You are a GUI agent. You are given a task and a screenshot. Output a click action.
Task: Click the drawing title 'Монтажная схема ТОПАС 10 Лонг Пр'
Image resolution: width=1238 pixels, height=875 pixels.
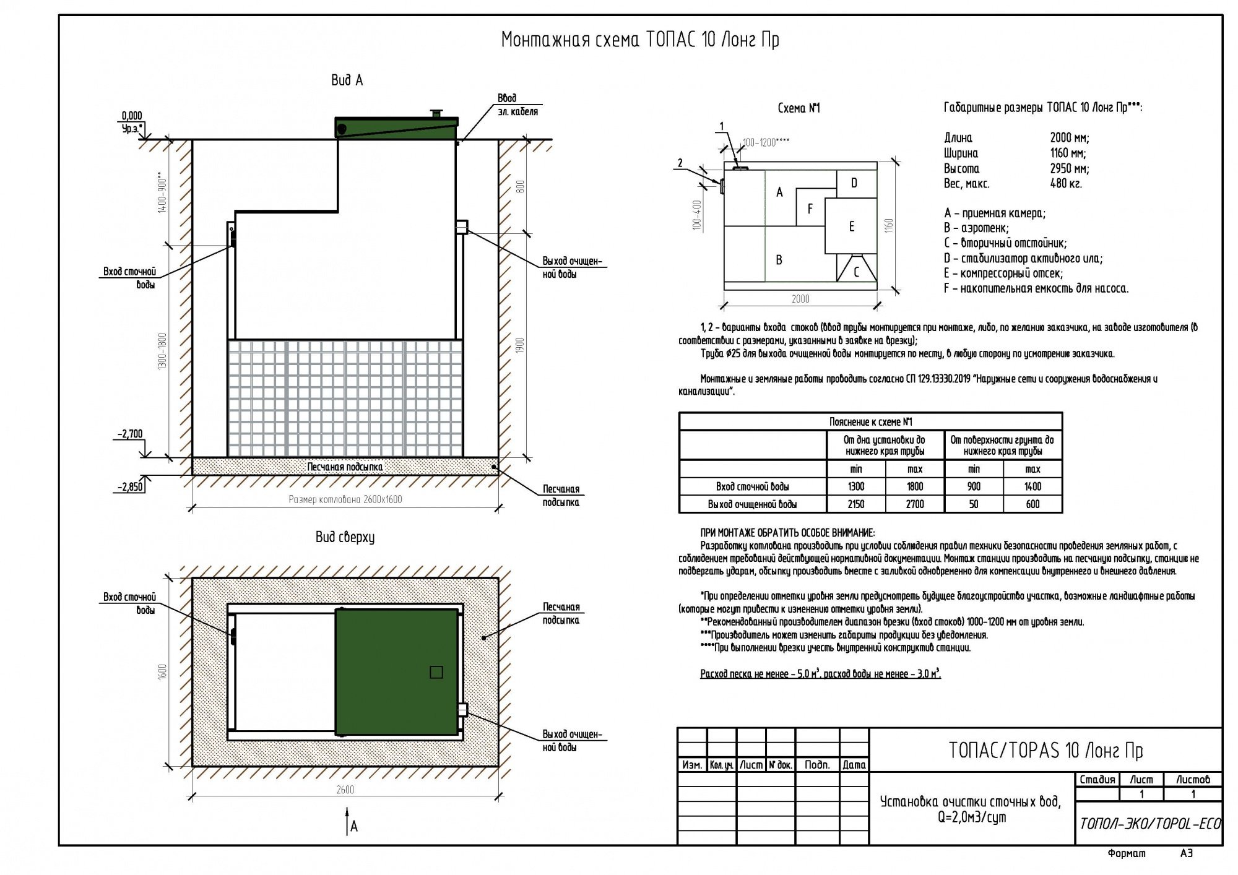point(639,40)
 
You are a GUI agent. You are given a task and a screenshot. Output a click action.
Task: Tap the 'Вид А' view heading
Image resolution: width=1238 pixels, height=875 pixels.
point(347,80)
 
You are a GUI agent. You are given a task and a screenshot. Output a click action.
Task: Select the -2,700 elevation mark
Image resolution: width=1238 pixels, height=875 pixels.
point(130,434)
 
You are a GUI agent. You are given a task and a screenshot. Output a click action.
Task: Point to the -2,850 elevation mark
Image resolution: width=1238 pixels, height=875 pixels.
point(130,486)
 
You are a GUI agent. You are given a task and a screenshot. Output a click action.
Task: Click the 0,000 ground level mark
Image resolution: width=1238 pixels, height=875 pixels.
point(132,116)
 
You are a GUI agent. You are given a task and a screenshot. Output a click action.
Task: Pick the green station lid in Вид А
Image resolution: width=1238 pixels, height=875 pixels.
point(397,127)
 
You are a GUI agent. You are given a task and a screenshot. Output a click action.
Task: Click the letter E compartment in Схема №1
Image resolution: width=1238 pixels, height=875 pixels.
point(852,226)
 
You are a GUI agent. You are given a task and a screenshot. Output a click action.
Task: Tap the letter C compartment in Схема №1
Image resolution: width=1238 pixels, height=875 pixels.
point(856,272)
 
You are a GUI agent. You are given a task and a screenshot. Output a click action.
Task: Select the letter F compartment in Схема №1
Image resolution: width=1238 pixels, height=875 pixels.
point(810,209)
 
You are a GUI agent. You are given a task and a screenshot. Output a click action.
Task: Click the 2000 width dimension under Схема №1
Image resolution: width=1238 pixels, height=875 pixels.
point(800,299)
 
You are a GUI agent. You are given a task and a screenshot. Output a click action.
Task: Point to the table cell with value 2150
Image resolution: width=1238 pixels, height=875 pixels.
point(856,504)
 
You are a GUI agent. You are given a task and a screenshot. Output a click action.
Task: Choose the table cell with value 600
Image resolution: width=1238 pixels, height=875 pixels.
point(1032,504)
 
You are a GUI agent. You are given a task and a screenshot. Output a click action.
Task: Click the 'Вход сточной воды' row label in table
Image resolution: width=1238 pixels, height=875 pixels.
point(752,487)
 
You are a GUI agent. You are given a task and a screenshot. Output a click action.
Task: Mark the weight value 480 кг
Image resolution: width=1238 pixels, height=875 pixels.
point(1065,184)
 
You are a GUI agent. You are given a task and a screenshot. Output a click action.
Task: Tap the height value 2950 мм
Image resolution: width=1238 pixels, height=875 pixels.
point(1069,168)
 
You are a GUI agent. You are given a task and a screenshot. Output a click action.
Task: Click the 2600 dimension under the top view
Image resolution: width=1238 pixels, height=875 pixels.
point(345,790)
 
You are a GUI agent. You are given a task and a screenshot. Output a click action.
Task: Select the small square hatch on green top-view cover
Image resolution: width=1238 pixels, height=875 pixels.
point(436,672)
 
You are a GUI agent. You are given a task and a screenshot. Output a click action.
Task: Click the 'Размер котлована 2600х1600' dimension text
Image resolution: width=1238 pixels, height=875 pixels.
point(345,499)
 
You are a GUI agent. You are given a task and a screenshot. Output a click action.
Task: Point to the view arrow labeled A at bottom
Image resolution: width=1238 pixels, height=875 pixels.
point(348,822)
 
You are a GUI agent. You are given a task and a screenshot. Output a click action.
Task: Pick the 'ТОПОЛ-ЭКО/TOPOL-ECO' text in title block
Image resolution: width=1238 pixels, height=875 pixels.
point(1149,824)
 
